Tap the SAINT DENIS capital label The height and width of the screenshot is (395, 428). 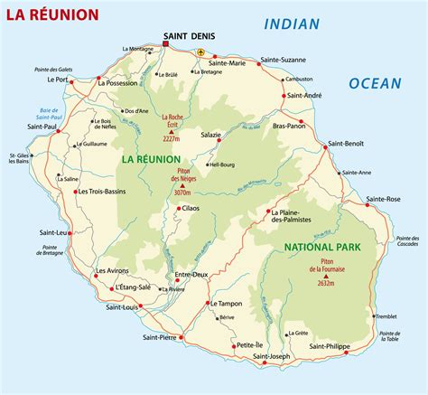[188, 38]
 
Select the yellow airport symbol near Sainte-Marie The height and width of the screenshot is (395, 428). [200, 52]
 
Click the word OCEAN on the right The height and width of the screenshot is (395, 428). [376, 83]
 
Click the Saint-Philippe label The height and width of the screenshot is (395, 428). [330, 346]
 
